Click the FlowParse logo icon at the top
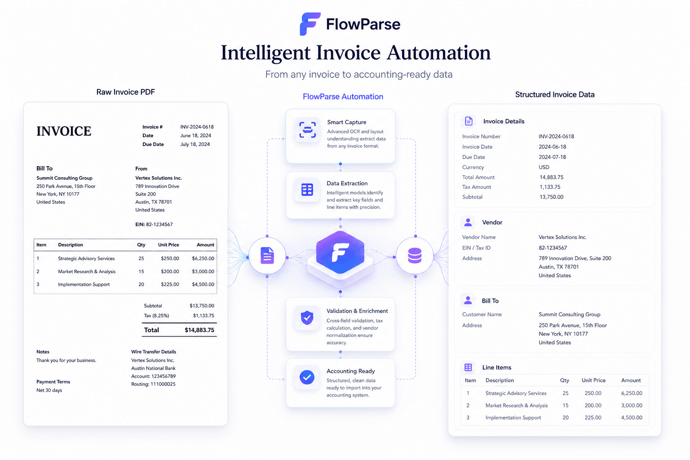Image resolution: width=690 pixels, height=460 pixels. click(x=310, y=24)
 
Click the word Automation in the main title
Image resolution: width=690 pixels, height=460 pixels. click(x=438, y=53)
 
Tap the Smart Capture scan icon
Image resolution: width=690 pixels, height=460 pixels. click(x=307, y=129)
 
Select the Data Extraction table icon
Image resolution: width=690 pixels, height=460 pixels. click(x=307, y=190)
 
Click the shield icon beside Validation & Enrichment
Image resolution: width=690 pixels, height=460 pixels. click(x=307, y=318)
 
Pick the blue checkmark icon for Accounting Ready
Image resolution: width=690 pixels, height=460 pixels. click(x=307, y=377)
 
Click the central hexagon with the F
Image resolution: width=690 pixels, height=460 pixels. click(x=340, y=252)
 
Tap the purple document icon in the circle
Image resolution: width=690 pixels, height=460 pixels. click(x=267, y=256)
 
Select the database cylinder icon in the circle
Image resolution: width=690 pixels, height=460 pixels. click(x=415, y=256)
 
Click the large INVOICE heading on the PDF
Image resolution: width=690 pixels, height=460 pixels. click(x=64, y=131)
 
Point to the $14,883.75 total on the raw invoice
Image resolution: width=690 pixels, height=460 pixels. click(x=199, y=330)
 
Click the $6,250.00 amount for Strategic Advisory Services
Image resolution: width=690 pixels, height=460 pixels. click(x=203, y=258)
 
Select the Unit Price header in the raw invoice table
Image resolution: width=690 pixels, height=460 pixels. click(x=168, y=245)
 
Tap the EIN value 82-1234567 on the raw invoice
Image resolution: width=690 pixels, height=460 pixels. click(x=159, y=224)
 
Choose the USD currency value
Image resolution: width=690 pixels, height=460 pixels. click(x=544, y=167)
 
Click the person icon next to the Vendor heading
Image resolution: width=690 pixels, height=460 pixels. click(x=468, y=222)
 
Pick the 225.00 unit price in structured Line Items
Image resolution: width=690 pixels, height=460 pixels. click(x=593, y=417)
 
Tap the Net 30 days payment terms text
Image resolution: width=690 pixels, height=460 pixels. click(x=49, y=390)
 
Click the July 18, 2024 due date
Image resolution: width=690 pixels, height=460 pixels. click(x=195, y=144)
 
